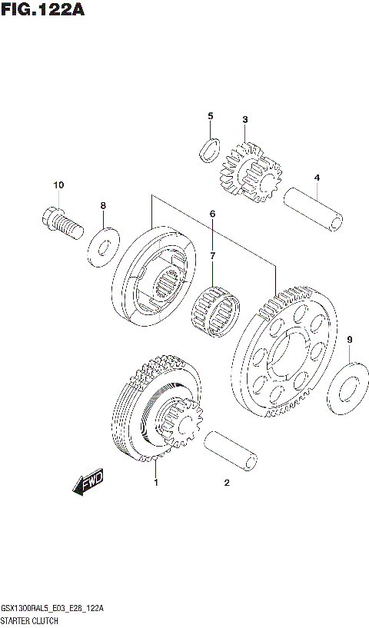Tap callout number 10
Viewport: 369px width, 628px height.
(x=58, y=185)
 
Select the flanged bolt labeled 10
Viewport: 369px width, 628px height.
(x=59, y=221)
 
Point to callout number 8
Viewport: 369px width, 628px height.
(x=102, y=205)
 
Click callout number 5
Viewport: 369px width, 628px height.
(x=210, y=116)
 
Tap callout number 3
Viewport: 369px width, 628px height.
(x=244, y=119)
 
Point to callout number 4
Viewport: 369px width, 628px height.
(x=316, y=178)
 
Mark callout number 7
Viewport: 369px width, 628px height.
(x=212, y=255)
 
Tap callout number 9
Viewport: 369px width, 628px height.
(x=349, y=339)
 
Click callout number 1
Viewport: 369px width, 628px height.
(x=155, y=483)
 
